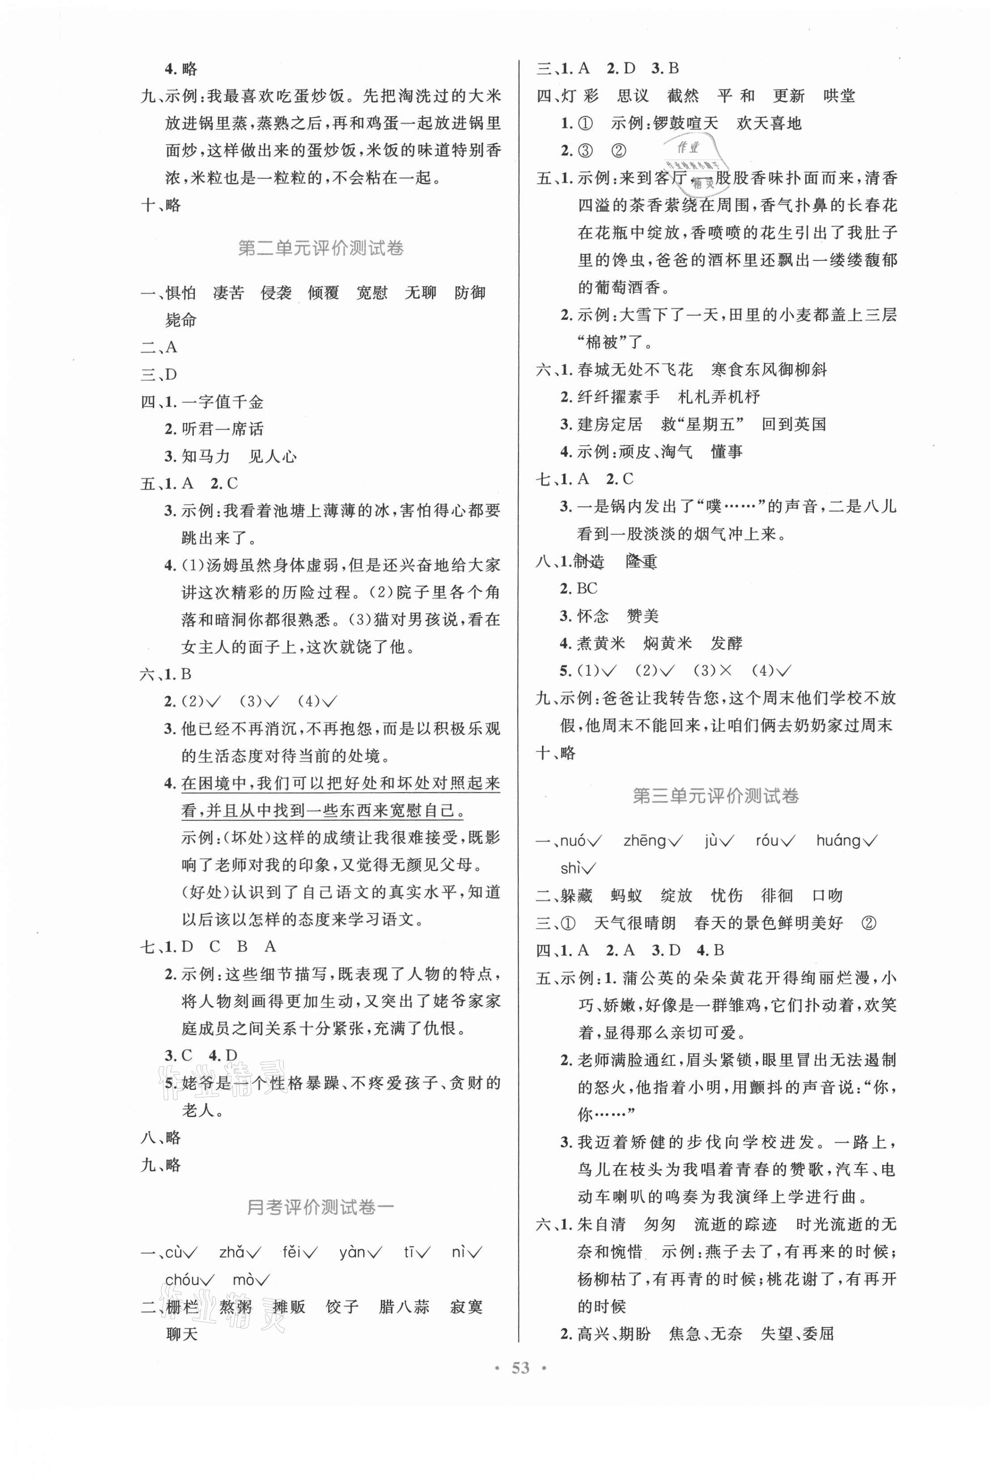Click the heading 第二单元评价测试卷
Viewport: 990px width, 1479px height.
point(321,248)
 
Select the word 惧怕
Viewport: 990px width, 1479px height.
point(181,293)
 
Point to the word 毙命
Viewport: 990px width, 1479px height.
point(181,320)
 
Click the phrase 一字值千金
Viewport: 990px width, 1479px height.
point(222,402)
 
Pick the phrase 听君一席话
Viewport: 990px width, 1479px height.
point(222,429)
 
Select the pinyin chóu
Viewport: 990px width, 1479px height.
point(182,1280)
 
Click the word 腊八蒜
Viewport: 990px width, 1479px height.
point(404,1307)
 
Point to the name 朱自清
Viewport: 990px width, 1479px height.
point(601,1225)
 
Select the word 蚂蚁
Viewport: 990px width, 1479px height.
point(626,895)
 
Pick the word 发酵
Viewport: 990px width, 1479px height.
point(726,644)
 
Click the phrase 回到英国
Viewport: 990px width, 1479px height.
point(794,424)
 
